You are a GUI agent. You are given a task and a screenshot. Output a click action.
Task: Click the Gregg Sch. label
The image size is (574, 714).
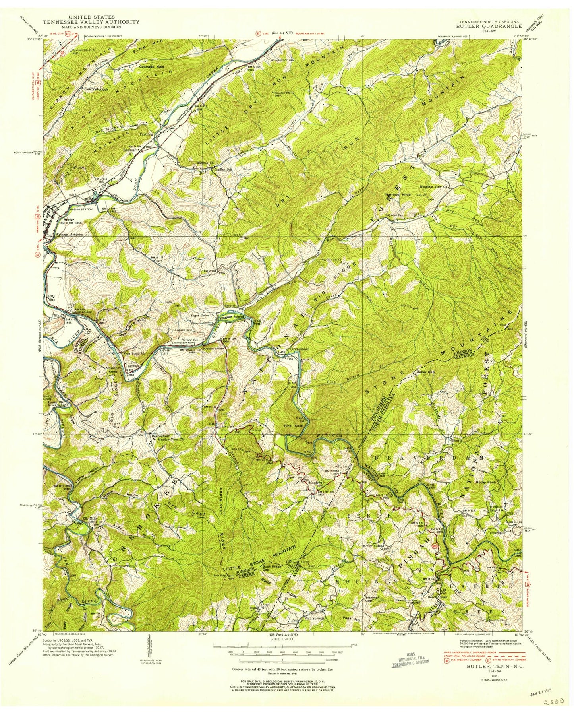tap(190, 340)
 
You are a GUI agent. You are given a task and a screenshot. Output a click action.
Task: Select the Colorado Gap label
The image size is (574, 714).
tap(152, 67)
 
